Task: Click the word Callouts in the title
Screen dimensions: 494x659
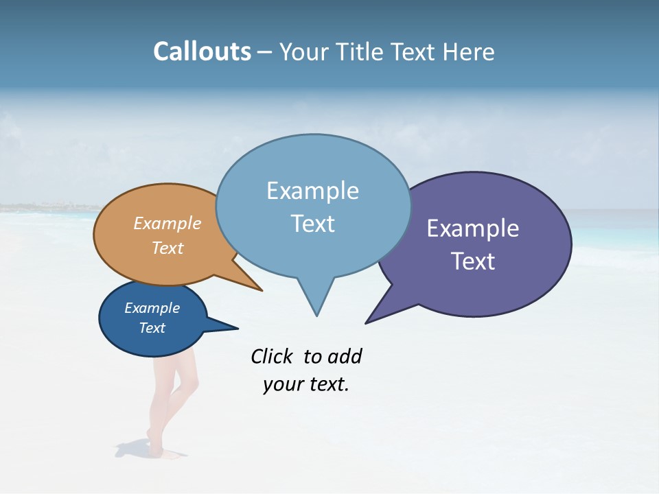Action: click(202, 51)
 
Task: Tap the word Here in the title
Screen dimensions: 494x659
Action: click(468, 51)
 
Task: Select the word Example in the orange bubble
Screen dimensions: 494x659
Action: click(167, 223)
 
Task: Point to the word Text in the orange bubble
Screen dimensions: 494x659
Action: click(167, 248)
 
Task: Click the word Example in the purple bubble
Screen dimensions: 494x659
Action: click(473, 228)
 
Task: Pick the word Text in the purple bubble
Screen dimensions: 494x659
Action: click(473, 261)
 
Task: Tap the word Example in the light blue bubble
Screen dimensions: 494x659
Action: click(312, 191)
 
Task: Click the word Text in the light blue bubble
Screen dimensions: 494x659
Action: click(312, 224)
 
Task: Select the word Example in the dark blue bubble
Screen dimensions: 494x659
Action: click(152, 308)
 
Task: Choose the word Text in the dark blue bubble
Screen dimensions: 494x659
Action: click(152, 328)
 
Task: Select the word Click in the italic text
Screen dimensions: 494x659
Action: click(273, 356)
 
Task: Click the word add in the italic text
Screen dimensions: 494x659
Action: click(345, 356)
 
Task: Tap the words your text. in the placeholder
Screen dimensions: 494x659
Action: click(306, 384)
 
